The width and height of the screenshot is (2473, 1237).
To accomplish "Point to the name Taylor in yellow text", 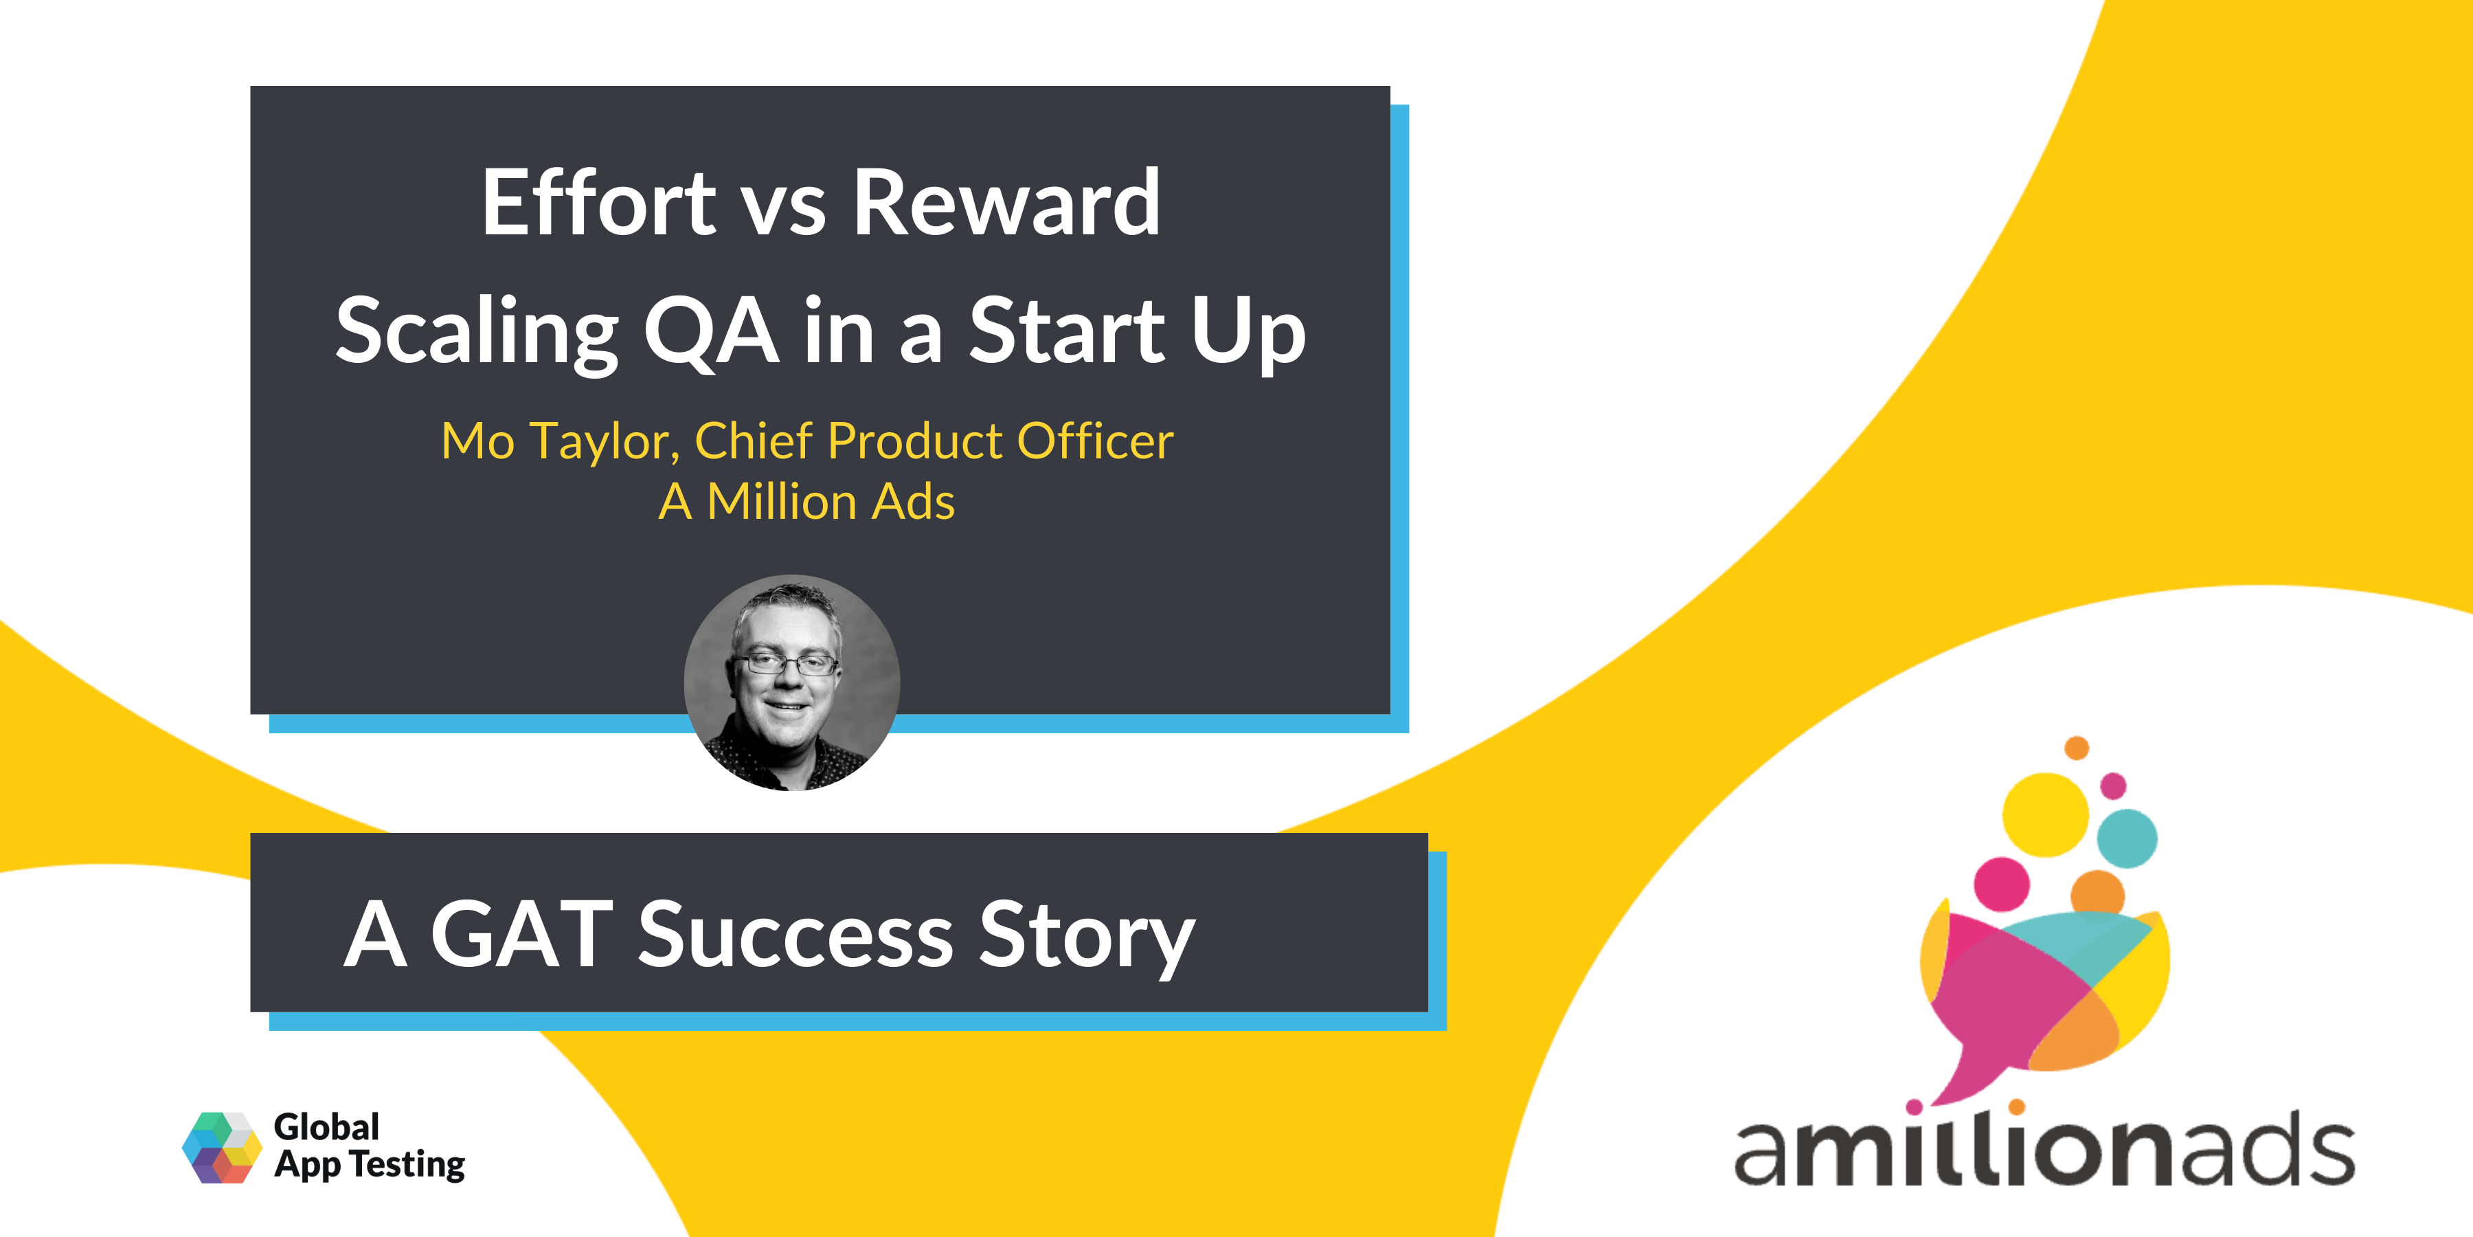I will tap(604, 442).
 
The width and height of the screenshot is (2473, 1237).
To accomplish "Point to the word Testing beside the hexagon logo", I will tap(407, 1164).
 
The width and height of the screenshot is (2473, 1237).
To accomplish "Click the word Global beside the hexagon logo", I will tap(326, 1126).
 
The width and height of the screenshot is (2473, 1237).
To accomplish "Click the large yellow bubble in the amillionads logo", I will tap(2045, 814).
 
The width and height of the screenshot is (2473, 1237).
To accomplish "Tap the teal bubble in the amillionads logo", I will tap(2126, 838).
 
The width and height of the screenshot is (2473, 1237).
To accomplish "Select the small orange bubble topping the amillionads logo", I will tap(2077, 747).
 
